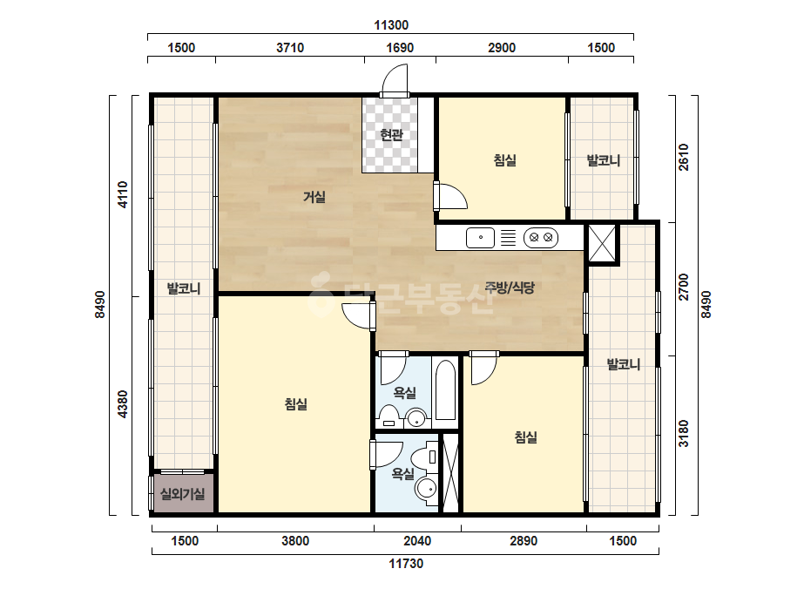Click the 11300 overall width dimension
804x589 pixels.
391,25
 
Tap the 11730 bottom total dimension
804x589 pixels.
406,564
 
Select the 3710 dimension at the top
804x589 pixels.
290,48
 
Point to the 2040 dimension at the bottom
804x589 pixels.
417,541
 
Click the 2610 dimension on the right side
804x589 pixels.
684,157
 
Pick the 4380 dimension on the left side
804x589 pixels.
123,404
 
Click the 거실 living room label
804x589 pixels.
314,197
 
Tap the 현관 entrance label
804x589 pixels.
391,135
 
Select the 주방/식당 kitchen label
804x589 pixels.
510,288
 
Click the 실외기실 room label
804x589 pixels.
183,494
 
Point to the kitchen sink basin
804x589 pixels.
481,238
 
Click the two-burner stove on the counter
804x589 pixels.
540,238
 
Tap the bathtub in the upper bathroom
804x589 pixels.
445,391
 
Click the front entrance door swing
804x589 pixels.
395,78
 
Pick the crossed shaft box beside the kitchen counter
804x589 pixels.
601,243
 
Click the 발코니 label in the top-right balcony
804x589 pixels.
604,160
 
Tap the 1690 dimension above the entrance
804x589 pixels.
400,48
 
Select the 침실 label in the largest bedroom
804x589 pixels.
296,404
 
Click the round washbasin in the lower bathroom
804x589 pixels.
426,489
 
